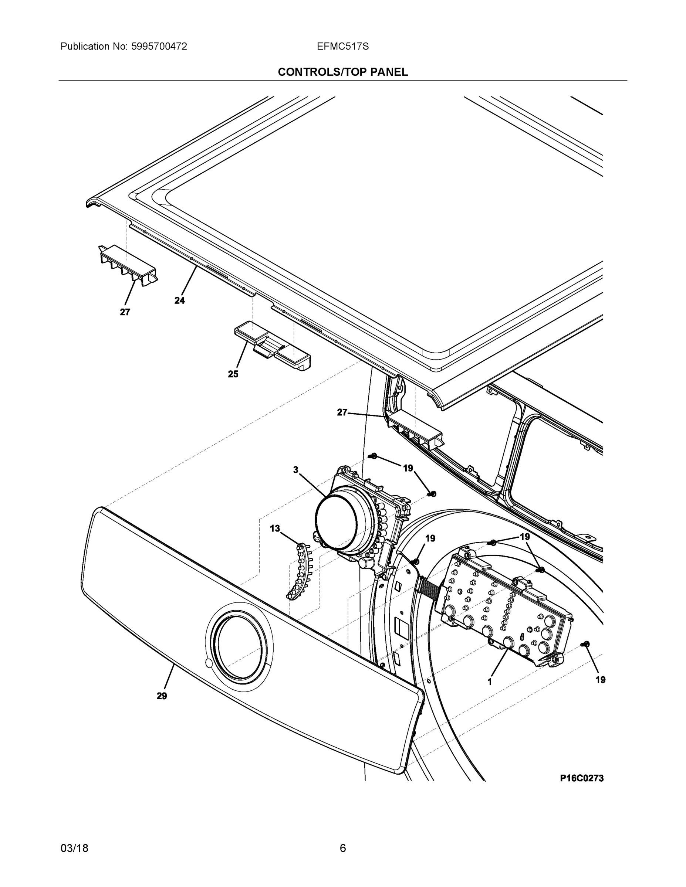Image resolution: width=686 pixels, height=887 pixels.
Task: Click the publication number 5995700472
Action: point(159,47)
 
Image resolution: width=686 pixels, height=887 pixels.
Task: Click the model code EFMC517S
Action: point(342,47)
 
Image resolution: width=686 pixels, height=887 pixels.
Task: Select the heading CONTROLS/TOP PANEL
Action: point(342,72)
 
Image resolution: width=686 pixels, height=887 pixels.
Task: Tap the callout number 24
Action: point(180,300)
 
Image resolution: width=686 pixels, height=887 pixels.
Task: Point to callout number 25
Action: point(233,374)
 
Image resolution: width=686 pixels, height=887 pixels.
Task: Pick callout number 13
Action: point(275,529)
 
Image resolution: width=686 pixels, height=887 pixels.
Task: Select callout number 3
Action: point(296,470)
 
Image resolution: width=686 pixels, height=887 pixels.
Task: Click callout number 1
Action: point(490,682)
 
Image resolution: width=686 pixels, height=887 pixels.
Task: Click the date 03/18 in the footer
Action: point(74,849)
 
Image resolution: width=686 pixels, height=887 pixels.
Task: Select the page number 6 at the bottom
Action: point(342,849)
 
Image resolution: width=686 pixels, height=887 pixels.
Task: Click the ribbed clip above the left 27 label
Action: point(128,264)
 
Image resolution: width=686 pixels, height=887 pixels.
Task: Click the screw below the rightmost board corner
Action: point(586,644)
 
